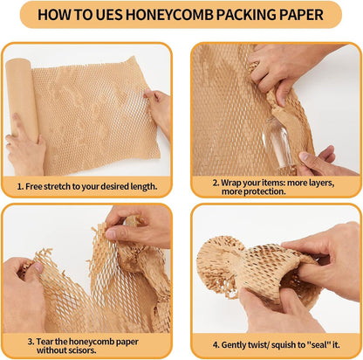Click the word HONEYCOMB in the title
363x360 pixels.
175,15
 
